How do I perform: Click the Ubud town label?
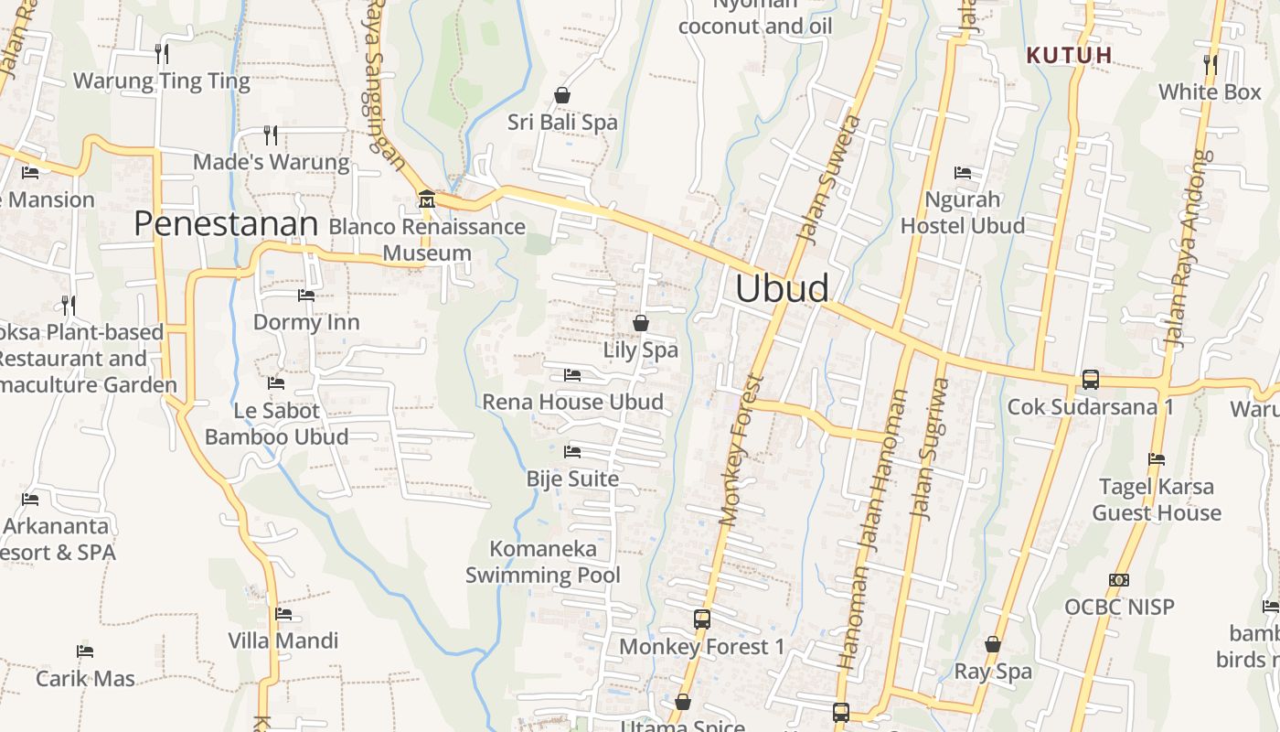783,289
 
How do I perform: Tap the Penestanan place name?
226,223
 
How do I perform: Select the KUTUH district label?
1069,55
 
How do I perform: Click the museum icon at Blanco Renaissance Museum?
426,199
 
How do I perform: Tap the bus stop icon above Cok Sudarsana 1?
1090,379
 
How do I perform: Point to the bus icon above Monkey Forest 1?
701,619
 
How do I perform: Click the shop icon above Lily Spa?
641,322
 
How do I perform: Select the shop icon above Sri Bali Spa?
562,95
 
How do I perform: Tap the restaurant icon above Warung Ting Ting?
161,53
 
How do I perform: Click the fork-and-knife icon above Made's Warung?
271,135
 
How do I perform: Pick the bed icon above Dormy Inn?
306,296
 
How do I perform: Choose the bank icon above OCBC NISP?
1118,579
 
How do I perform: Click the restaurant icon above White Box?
1210,64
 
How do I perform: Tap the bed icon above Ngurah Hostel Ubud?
962,172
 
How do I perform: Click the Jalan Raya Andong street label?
1187,249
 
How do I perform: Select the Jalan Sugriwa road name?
929,448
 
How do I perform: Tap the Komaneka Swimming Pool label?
543,562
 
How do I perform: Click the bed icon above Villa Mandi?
283,613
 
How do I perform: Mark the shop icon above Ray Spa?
993,644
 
